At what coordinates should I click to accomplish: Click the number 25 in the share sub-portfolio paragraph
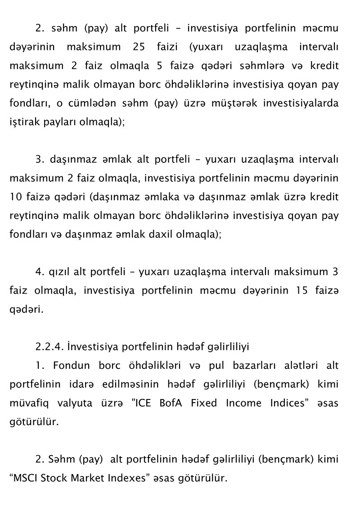click(139, 47)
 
